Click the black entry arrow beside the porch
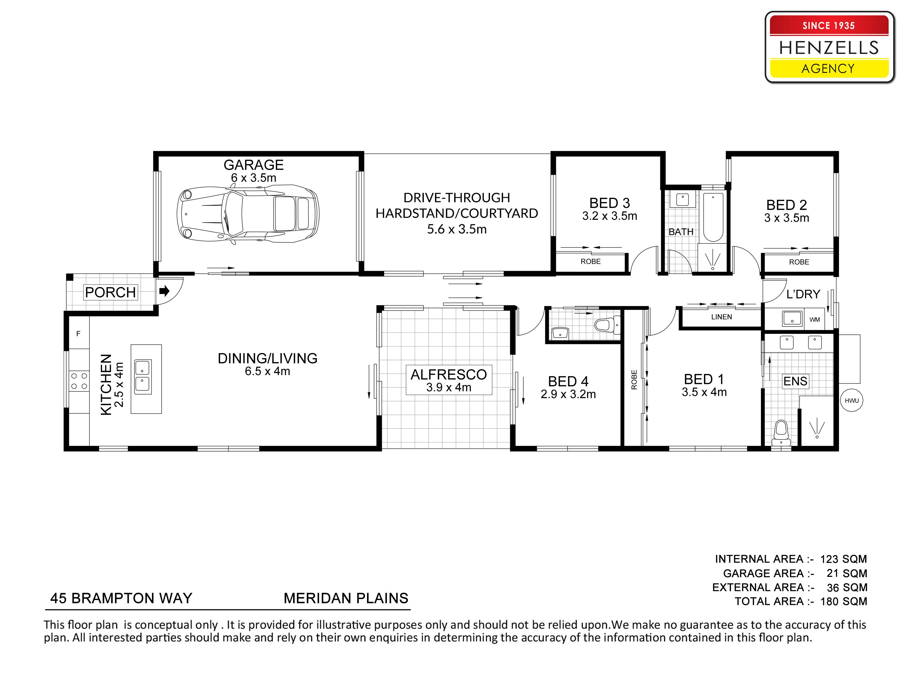coord(164,291)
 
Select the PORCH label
coord(111,292)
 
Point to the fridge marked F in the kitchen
coord(78,333)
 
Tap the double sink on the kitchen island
coord(143,377)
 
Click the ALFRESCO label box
coord(449,380)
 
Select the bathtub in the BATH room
coord(713,217)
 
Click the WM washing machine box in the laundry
coord(814,319)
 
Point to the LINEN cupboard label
coord(722,317)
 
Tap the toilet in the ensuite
coord(781,433)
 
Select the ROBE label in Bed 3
coord(591,261)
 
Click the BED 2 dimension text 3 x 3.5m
coord(787,218)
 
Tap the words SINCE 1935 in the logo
coord(828,26)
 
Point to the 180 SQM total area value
coord(844,601)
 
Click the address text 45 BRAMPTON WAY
coord(121,598)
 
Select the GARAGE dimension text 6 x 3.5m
coord(254,178)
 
